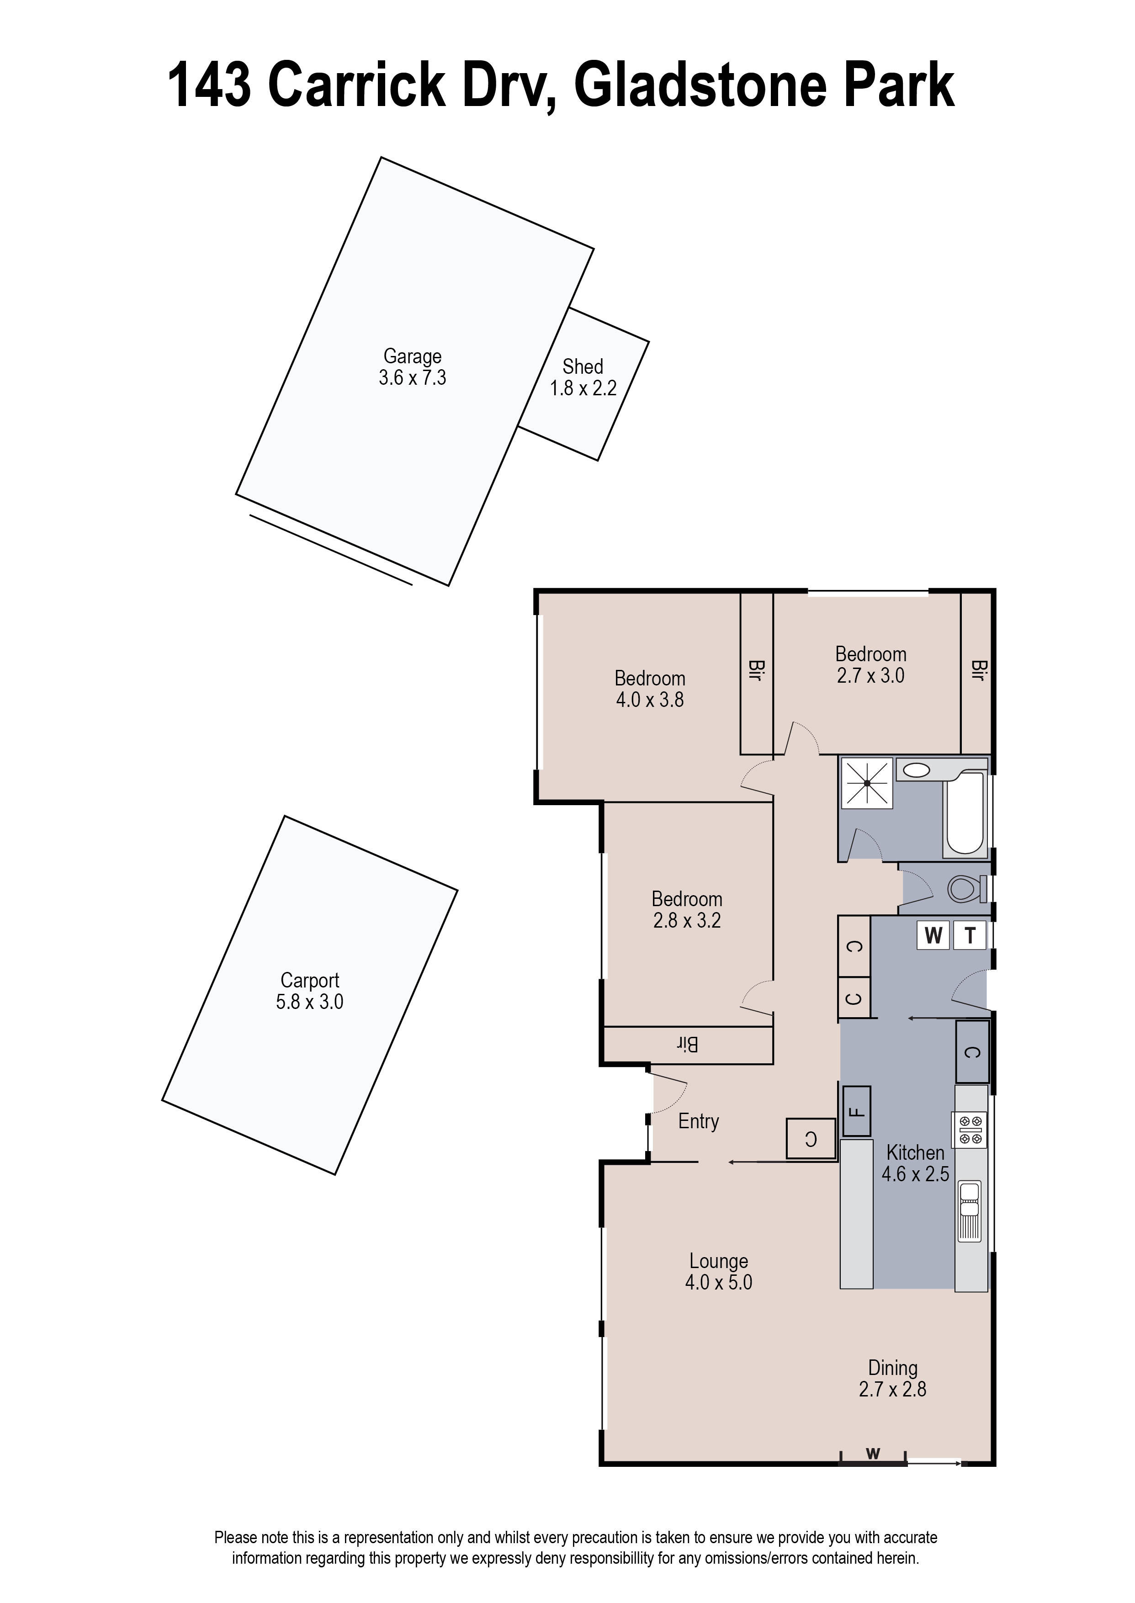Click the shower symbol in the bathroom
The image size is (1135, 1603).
(867, 783)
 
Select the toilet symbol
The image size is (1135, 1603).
(965, 889)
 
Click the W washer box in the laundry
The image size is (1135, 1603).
(933, 936)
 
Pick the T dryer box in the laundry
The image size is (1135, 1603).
(970, 936)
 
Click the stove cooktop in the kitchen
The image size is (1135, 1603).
(971, 1130)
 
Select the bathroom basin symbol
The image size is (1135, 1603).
(916, 771)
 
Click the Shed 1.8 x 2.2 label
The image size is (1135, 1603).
(583, 377)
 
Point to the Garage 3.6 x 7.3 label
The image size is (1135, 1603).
(412, 367)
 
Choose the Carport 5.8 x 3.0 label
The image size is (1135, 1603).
(310, 991)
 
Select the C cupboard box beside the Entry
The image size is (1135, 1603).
(811, 1139)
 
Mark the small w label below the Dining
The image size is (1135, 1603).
(873, 1454)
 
